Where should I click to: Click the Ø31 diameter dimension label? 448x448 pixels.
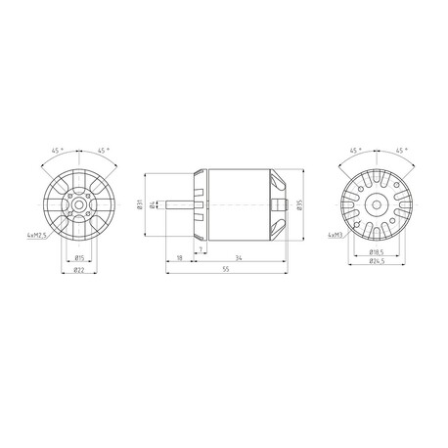point(140,203)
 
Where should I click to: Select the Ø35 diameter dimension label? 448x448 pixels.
point(299,204)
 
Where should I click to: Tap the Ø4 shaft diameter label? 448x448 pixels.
point(152,204)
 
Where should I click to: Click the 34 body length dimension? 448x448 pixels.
point(239,258)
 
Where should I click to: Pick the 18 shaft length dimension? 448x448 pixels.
point(179,258)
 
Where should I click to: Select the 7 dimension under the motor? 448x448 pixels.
point(202,249)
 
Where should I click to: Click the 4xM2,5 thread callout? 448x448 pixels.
point(37,235)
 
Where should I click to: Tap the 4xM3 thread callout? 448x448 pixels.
point(336,235)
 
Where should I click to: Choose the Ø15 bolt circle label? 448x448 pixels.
point(79,258)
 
